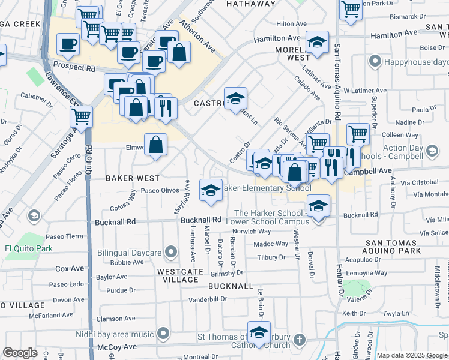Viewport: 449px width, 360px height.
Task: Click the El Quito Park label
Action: tap(28, 248)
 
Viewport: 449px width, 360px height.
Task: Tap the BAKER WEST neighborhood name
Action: tap(133, 178)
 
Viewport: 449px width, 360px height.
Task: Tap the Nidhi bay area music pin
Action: tap(163, 334)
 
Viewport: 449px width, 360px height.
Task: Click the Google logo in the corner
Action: tap(20, 353)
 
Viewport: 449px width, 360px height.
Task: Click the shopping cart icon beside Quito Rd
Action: tap(81, 116)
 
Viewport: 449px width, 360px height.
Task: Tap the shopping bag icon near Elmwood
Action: tap(155, 144)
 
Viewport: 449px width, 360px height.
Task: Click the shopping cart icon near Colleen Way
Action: tap(358, 133)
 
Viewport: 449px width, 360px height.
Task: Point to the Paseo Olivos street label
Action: tap(160, 191)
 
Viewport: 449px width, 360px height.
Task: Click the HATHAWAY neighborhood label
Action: tap(250, 4)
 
